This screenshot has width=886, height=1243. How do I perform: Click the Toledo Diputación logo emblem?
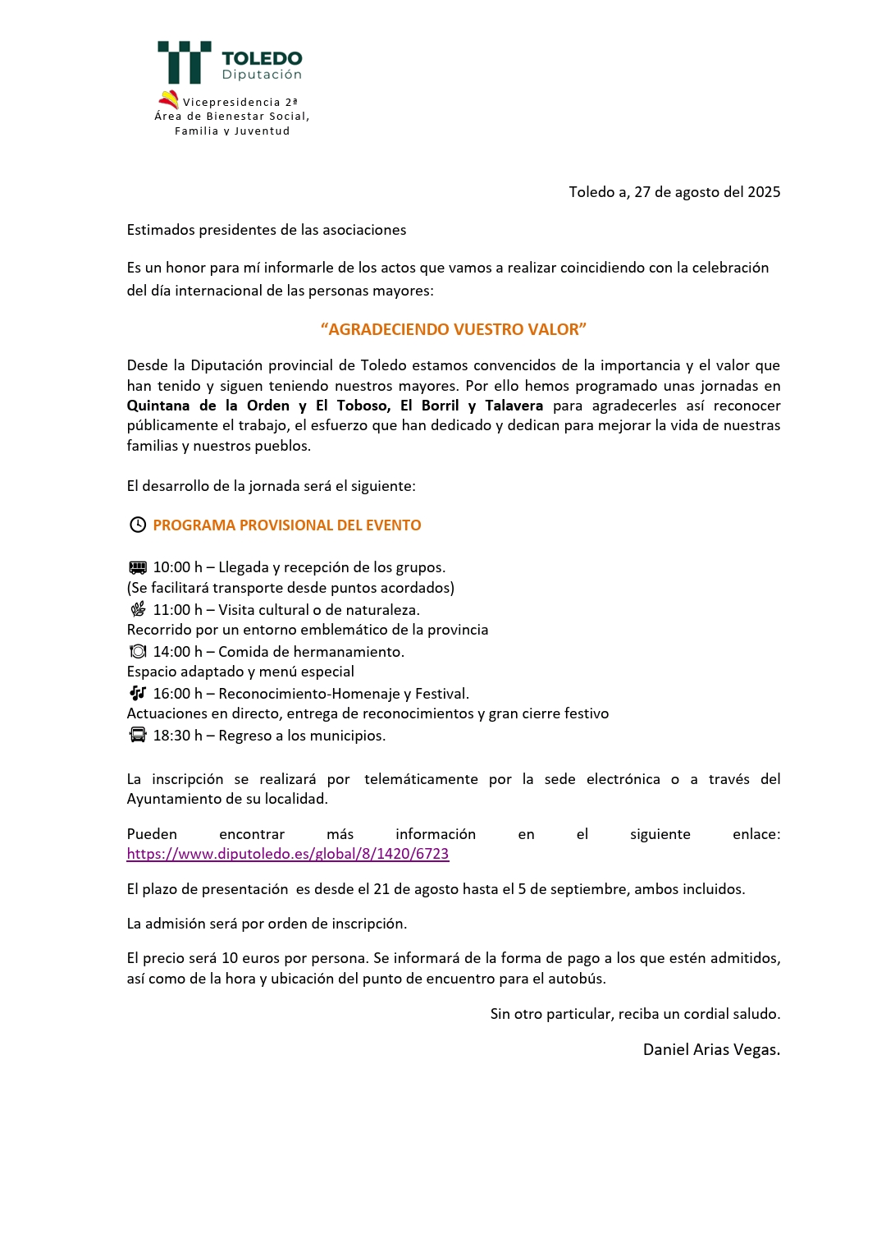click(185, 62)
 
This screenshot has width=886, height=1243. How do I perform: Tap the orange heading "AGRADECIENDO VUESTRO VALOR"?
click(454, 329)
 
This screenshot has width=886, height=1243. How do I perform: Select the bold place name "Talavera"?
click(514, 406)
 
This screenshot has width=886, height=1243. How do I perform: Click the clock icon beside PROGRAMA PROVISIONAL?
click(138, 525)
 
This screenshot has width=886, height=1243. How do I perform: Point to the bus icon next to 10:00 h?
click(138, 567)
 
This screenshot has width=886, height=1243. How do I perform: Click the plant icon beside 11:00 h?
click(138, 609)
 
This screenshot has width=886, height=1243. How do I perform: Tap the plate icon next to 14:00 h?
click(138, 651)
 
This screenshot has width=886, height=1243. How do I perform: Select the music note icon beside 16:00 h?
click(138, 693)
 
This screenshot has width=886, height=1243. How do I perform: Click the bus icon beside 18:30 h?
click(138, 735)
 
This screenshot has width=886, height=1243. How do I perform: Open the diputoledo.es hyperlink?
click(288, 854)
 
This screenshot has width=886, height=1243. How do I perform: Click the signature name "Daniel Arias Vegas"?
click(710, 1049)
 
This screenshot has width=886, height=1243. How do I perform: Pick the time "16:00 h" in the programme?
click(178, 694)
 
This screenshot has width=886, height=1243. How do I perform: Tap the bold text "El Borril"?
click(429, 406)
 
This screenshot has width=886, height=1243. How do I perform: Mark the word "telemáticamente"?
click(421, 779)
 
